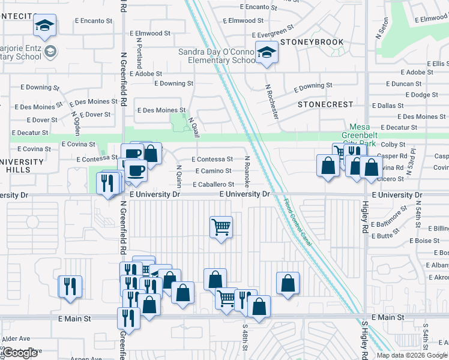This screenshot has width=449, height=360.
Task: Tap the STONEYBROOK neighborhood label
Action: click(312, 42)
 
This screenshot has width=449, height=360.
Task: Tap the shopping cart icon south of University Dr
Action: click(221, 227)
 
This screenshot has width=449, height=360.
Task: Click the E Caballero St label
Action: click(213, 184)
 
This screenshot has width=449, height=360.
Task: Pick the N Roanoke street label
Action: click(247, 171)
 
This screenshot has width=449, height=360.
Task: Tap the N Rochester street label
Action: click(273, 101)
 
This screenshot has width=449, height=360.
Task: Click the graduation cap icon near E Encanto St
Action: click(44, 25)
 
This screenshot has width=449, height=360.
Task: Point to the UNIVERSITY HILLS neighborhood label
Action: click(23, 166)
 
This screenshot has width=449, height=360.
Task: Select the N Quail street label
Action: click(193, 127)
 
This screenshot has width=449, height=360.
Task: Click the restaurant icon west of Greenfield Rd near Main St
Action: click(70, 286)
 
